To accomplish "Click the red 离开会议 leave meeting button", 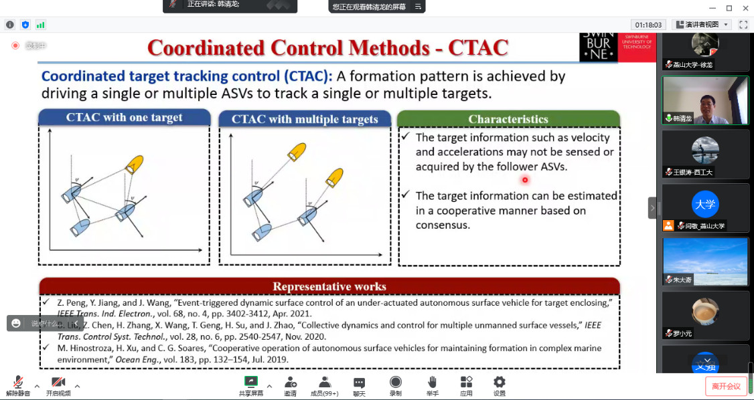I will coord(726,386).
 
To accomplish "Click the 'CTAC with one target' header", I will coord(124,118).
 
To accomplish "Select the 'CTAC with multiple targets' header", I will coord(305,119).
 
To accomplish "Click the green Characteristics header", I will coord(508,119).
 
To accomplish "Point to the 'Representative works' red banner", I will coord(329,286).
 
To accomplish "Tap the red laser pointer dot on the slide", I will coord(525,179).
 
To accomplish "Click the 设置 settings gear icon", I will coord(499,382).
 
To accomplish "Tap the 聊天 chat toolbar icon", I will coord(359,382).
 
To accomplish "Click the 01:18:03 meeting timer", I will coord(648,25).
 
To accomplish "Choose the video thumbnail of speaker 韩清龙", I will coord(704,100).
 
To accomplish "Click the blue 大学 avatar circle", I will coord(704,204).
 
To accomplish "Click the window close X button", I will coord(745,8).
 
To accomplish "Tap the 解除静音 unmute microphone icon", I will coord(18,382).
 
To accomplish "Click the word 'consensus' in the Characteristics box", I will coord(443,225).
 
